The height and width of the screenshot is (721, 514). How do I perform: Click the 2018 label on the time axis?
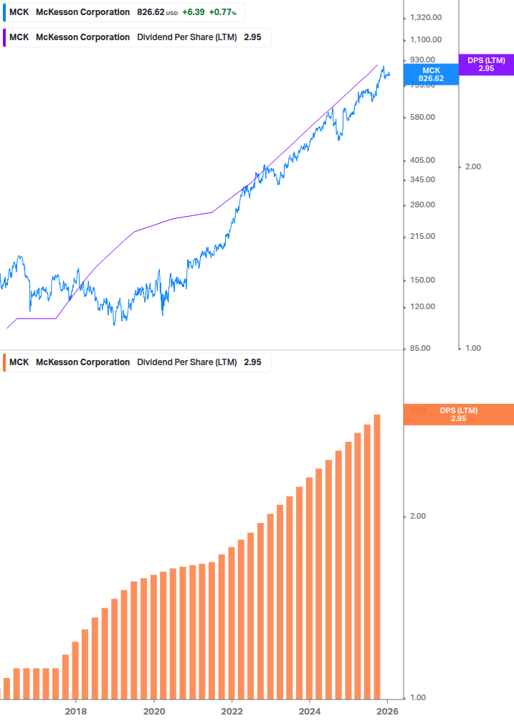[x=76, y=711]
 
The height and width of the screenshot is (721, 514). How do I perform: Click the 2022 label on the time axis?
[x=232, y=711]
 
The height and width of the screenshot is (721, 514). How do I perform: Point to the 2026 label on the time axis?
[x=387, y=711]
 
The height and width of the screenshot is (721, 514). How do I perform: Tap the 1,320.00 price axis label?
[x=425, y=18]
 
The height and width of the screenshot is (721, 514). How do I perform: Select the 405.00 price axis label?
[x=423, y=161]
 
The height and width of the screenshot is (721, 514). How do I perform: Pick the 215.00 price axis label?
[x=423, y=237]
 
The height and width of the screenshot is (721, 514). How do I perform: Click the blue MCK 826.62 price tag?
[x=431, y=75]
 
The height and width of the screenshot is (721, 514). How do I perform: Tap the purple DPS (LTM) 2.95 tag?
[x=486, y=65]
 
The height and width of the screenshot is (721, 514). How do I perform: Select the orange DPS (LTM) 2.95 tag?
[x=459, y=415]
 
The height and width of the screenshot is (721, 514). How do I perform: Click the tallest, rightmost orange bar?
[x=377, y=556]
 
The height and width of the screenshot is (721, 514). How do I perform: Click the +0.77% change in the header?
[x=222, y=12]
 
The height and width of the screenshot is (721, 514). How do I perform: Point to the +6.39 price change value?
[x=193, y=12]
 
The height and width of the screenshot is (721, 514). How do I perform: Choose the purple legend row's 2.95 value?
[x=252, y=37]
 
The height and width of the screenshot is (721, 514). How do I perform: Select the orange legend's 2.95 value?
[x=252, y=362]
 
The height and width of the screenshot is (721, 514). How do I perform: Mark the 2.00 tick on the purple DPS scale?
[x=472, y=166]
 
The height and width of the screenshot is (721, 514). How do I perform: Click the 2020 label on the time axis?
[x=154, y=711]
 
